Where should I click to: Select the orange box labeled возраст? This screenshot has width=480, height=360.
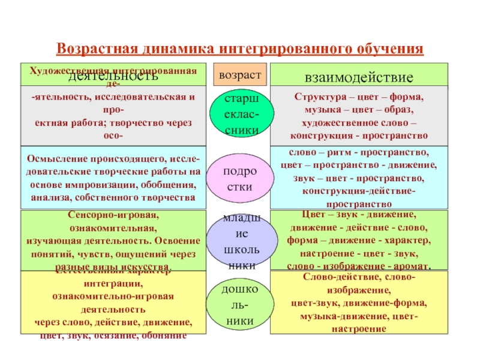(239, 74)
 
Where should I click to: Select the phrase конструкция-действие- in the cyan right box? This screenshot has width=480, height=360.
(359, 191)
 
